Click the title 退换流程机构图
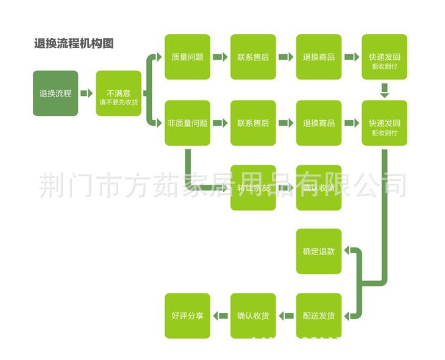(74, 43)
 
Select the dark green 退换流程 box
(55, 93)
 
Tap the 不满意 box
(118, 93)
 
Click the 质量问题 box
(187, 57)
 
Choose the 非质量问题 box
(187, 123)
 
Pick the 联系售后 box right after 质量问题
(253, 57)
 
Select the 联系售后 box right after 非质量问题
(253, 123)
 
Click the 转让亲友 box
(253, 188)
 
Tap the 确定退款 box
(319, 251)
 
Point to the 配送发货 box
(319, 316)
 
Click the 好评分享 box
(187, 316)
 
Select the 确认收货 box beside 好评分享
(253, 316)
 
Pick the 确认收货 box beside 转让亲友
(319, 188)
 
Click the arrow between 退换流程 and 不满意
(87, 93)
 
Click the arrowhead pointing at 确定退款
(347, 251)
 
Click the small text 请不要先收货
(118, 102)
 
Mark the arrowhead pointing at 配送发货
(347, 316)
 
